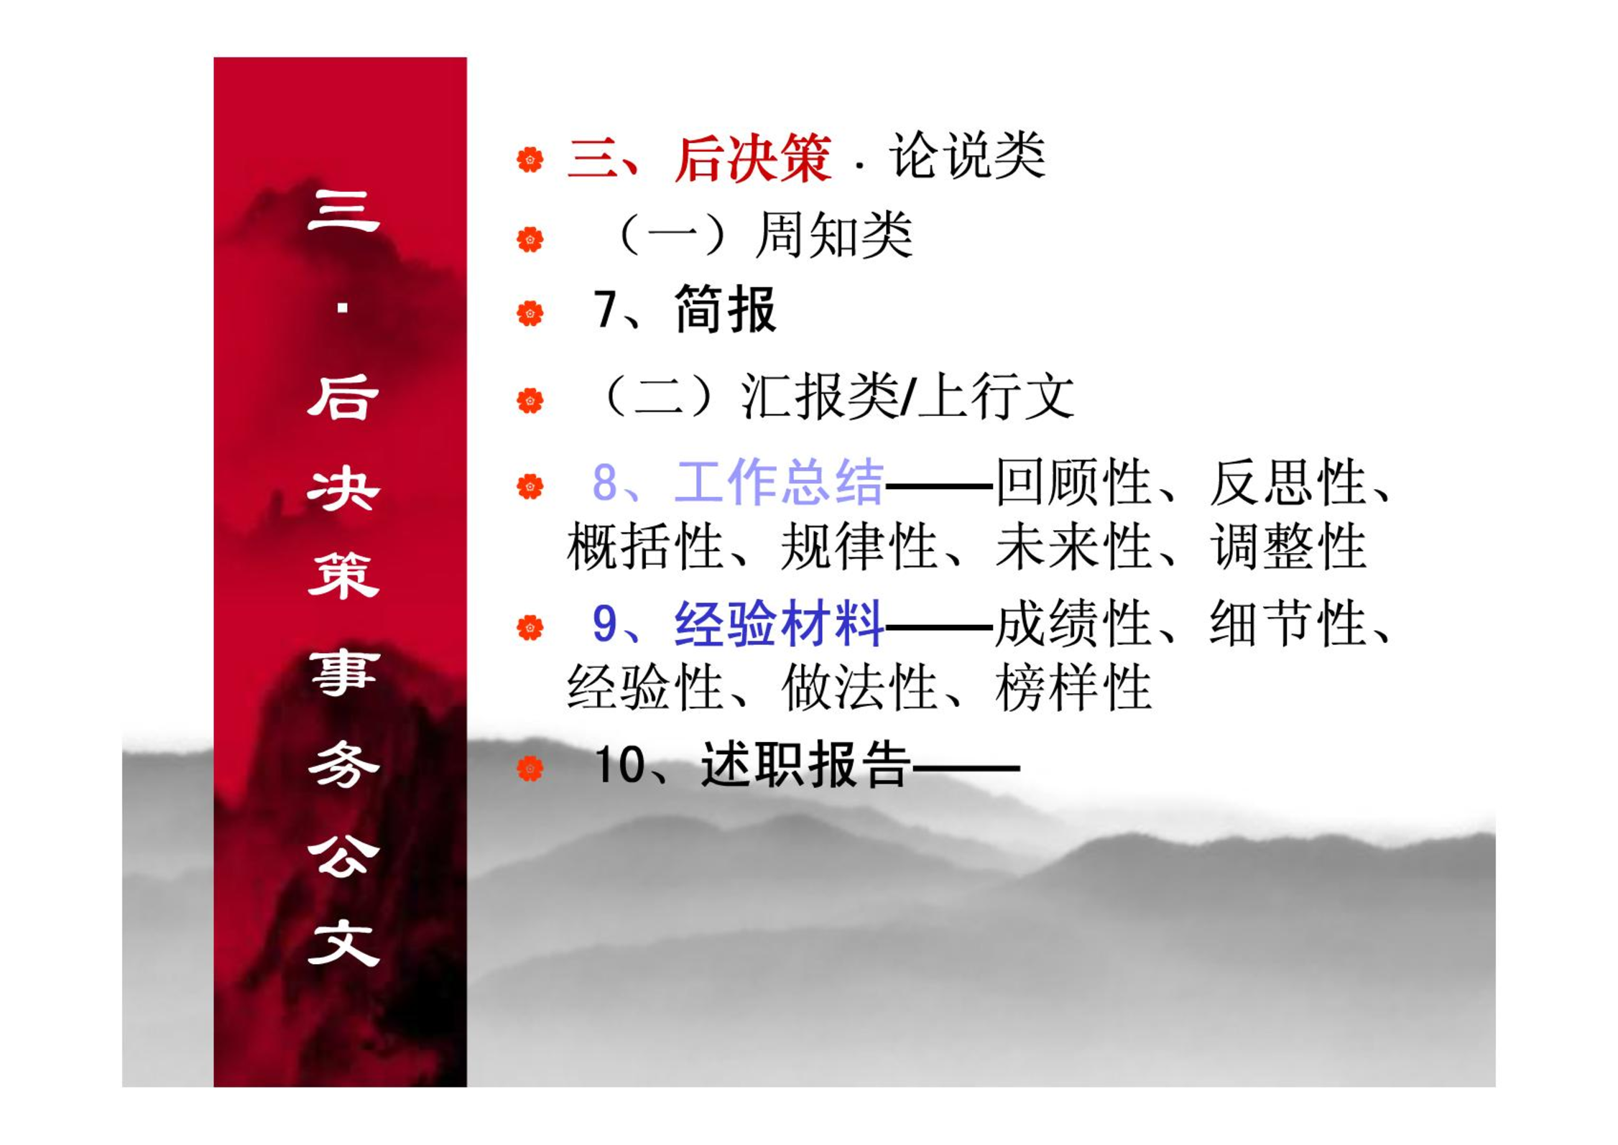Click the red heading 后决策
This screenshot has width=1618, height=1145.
click(x=752, y=157)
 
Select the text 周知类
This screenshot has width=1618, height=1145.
click(x=833, y=235)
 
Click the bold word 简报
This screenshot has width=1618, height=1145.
click(x=726, y=310)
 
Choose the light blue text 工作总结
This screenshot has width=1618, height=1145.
click(x=779, y=481)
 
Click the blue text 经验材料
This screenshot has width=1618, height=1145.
click(x=779, y=623)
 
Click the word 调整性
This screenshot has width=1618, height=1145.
click(x=1288, y=546)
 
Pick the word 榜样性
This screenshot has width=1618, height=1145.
click(x=1073, y=687)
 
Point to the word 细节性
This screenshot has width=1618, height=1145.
click(x=1288, y=623)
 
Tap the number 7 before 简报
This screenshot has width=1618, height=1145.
click(x=604, y=310)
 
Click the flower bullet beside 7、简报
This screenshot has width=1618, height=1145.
click(x=530, y=313)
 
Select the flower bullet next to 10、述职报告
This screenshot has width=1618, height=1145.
click(x=530, y=769)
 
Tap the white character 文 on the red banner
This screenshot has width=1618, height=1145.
click(x=343, y=943)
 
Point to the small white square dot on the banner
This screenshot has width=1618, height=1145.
click(x=343, y=308)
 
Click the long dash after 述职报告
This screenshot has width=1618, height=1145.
click(x=966, y=768)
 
